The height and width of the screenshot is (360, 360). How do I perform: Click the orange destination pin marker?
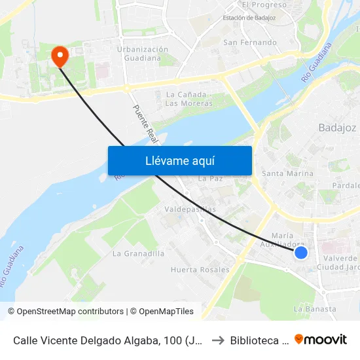[60, 56]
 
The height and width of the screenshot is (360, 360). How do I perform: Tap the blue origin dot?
[301, 252]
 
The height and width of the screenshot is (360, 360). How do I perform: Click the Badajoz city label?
[337, 128]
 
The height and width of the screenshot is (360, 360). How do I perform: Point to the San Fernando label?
[250, 43]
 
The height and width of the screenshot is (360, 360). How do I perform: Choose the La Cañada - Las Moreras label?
[189, 99]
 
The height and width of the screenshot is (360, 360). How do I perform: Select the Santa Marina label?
[287, 173]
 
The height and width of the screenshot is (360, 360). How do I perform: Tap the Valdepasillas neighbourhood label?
[190, 209]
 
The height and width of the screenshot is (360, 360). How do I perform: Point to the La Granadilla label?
[139, 253]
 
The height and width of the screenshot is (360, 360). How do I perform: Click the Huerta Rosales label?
[200, 269]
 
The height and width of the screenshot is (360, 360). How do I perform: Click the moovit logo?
[321, 339]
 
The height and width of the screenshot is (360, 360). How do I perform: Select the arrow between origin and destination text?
[218, 340]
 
